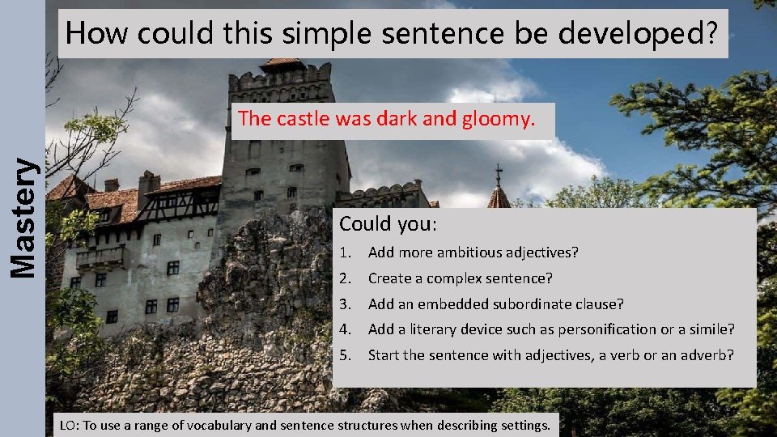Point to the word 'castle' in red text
pyautogui.click(x=300, y=120)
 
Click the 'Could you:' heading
pyautogui.click(x=388, y=224)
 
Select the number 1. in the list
pyautogui.click(x=346, y=252)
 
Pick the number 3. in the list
pyautogui.click(x=346, y=304)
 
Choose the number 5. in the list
pyautogui.click(x=346, y=355)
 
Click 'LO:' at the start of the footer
pyautogui.click(x=70, y=425)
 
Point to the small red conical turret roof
pyautogui.click(x=499, y=196)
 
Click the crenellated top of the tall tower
pyautogui.click(x=279, y=78)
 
